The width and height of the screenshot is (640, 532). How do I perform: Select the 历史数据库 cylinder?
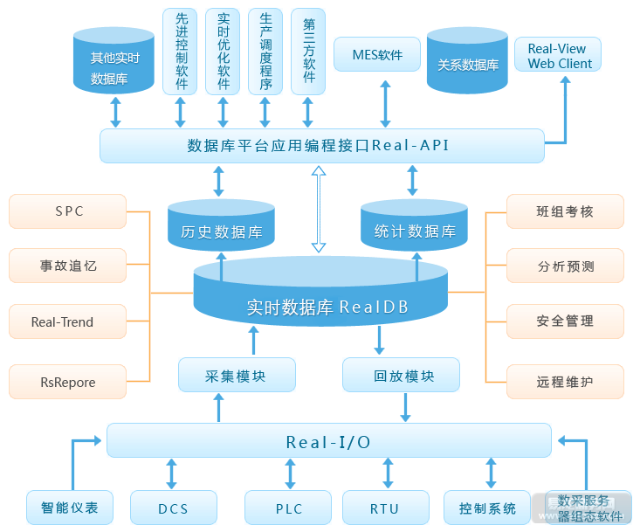coord(221,229)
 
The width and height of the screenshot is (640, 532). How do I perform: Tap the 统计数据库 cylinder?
coord(414,229)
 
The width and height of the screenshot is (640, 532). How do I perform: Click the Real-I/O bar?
coord(328,441)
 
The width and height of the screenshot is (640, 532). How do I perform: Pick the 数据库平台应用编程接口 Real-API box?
coord(321,145)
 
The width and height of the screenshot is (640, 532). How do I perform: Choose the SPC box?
coord(67,211)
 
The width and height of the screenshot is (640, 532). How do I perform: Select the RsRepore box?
coord(67,382)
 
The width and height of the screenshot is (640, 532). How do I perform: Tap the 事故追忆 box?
coord(67,266)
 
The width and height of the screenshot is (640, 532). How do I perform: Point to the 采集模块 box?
coord(237,376)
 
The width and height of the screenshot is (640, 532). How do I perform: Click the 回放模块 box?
coord(402,376)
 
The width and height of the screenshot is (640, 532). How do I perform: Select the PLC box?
coord(287,508)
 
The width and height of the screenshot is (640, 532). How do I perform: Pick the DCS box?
coord(173,508)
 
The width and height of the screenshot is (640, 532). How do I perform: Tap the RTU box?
coord(385,508)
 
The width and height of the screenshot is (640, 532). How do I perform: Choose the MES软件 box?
coord(377,55)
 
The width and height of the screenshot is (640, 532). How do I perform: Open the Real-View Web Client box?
coord(558,56)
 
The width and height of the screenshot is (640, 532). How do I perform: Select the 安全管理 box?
coord(566,321)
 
